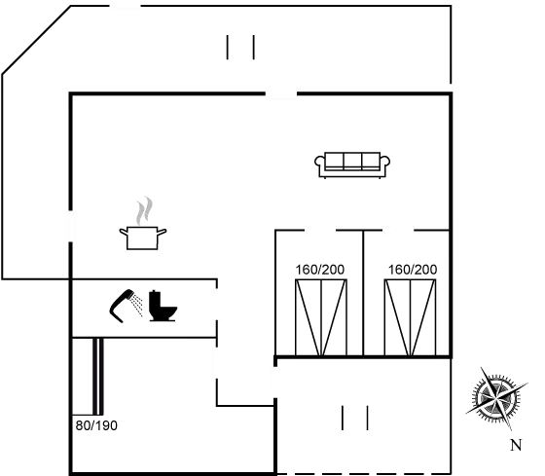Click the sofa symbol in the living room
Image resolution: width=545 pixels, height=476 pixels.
352,164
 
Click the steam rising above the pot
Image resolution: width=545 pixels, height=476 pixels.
144,209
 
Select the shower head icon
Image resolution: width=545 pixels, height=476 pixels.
127,305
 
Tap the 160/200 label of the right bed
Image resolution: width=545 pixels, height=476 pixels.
412,269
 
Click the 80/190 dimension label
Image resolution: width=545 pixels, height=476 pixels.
96,425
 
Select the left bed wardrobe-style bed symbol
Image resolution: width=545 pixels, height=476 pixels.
321,317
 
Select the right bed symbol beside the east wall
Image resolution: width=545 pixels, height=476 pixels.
411,317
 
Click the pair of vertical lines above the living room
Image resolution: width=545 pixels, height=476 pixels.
240,49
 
